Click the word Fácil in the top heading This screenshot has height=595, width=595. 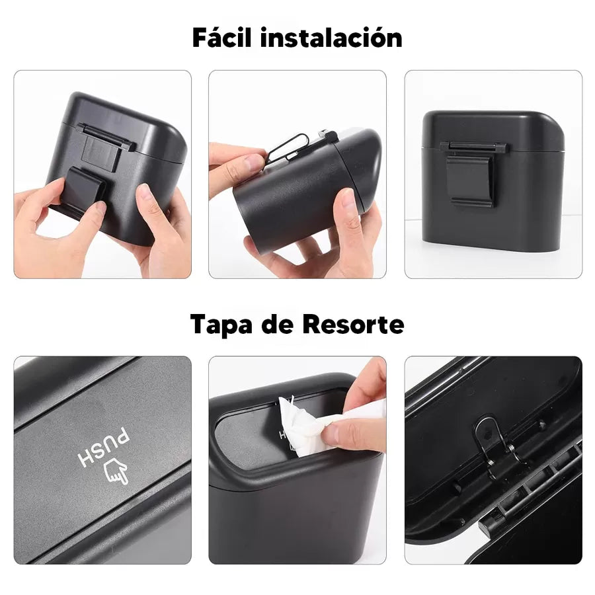click(x=222, y=38)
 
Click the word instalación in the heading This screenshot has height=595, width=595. click(x=331, y=38)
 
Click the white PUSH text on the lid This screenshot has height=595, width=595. click(x=103, y=448)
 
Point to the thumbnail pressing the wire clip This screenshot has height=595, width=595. click(x=253, y=162)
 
